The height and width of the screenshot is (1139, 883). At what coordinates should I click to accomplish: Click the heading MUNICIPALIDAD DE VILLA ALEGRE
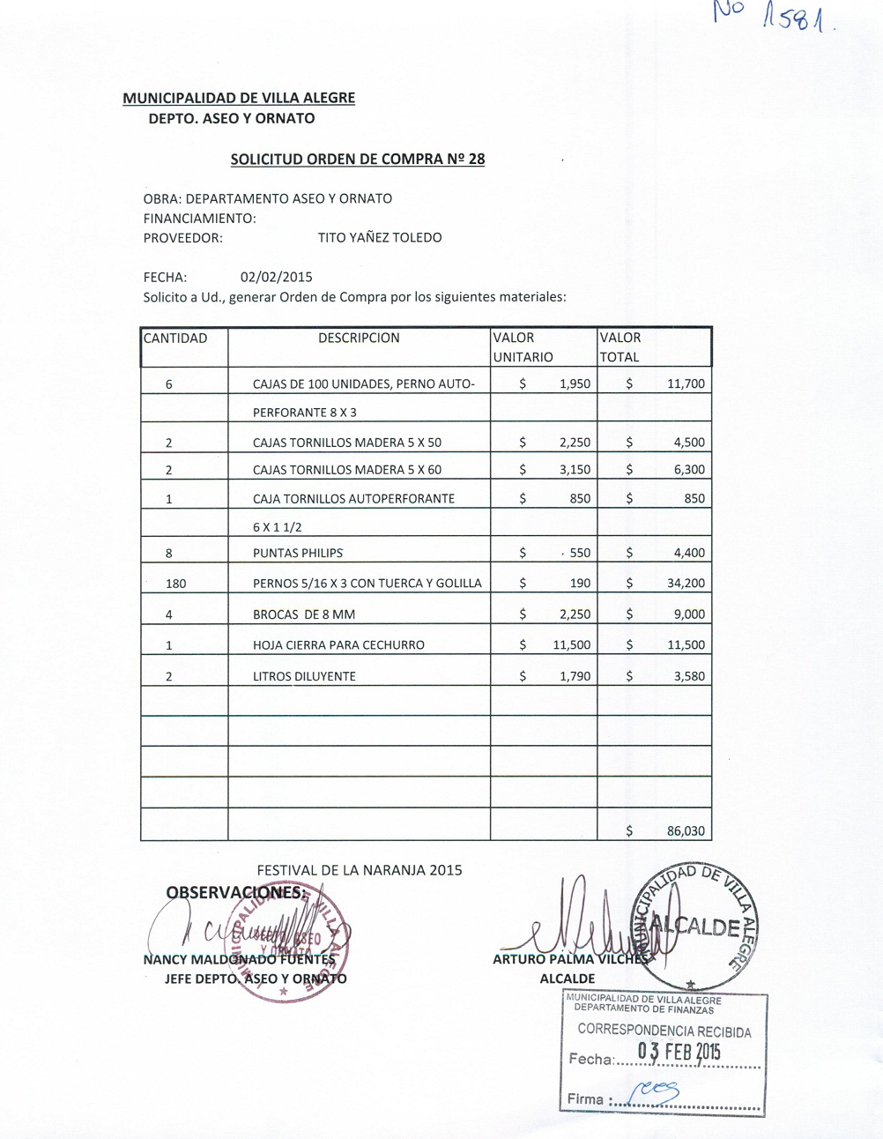pos(239,98)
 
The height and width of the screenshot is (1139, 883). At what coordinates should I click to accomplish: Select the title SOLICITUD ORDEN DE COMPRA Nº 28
pos(357,160)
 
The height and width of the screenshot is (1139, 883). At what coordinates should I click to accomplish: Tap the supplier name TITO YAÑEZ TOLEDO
pos(380,237)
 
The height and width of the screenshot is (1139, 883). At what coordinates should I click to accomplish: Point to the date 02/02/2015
pos(276,277)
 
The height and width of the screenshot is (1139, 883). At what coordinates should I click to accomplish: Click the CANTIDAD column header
pos(175,338)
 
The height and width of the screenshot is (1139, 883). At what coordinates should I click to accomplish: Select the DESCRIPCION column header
pos(359,338)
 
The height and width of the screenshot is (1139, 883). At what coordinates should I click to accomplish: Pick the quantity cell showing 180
pos(175,584)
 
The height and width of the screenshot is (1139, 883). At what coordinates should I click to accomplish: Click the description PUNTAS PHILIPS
pos(298,554)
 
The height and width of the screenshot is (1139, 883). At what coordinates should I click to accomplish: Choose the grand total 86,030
pos(686,830)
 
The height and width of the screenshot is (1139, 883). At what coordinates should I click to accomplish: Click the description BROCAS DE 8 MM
pos(304,614)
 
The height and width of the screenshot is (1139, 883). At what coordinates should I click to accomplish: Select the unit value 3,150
pos(575,470)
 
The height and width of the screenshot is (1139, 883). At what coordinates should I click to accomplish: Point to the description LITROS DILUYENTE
pos(304,676)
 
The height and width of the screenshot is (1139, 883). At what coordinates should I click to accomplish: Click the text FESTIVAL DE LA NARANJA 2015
pos(360,870)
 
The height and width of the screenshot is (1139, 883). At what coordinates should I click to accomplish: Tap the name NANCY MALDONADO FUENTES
pos(239,959)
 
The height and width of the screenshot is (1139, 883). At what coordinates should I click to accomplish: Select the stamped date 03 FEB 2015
pos(679,1052)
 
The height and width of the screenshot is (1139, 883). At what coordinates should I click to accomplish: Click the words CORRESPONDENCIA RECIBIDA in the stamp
pos(664,1031)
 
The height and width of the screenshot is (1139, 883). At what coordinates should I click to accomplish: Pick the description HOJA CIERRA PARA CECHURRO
pos(338,645)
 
